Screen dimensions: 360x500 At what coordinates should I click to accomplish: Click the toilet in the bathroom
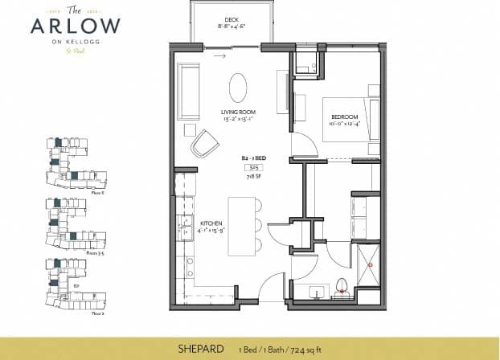coord(341,284)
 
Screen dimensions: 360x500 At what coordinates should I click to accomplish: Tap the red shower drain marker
coord(371,264)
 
